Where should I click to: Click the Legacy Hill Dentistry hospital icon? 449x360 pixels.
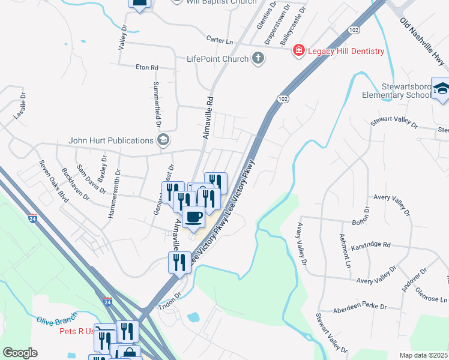tap(298, 51)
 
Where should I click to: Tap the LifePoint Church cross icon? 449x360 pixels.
tap(258, 59)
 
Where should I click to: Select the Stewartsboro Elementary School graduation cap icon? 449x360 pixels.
tap(441, 89)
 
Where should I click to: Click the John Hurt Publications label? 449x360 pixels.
tap(111, 140)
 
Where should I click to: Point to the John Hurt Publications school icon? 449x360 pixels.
tap(162, 140)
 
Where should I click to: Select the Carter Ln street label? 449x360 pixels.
tap(219, 40)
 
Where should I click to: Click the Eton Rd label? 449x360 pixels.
tap(146, 68)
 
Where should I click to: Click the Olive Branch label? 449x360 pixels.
tap(54, 320)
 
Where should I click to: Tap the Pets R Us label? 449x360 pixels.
tap(77, 331)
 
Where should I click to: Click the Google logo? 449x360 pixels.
tap(20, 353)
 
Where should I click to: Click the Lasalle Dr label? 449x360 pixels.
tap(20, 106)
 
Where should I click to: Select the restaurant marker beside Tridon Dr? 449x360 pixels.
tap(179, 263)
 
